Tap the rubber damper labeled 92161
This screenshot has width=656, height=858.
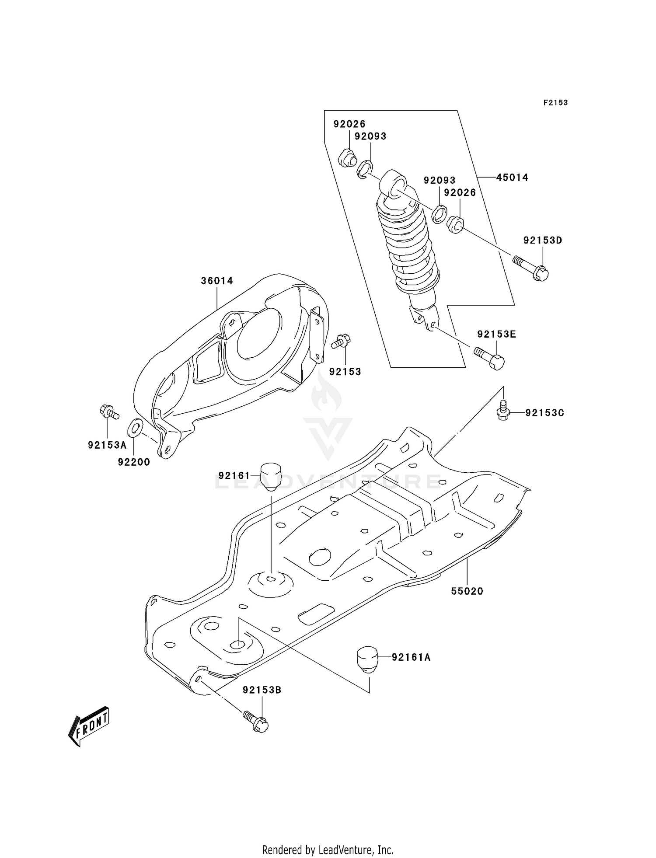point(270,477)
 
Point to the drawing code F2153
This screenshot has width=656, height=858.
point(555,103)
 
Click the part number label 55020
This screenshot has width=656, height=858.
point(467,591)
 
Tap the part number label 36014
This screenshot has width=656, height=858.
point(217,281)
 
